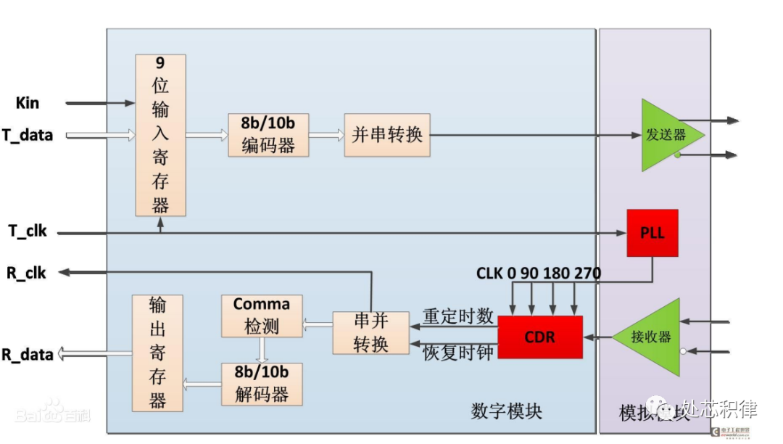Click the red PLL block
[652, 233]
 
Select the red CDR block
[540, 337]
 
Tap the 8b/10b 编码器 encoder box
[268, 135]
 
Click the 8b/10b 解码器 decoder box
[262, 384]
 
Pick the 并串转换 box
[387, 135]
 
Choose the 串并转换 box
[370, 332]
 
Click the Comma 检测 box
[262, 316]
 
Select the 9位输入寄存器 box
[160, 135]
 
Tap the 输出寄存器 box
[157, 353]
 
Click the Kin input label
[28, 103]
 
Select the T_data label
[27, 135]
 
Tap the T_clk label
[28, 231]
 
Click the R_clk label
[27, 273]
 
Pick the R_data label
[27, 354]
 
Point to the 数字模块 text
[506, 411]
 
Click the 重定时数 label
[458, 316]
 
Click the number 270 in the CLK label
[587, 274]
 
